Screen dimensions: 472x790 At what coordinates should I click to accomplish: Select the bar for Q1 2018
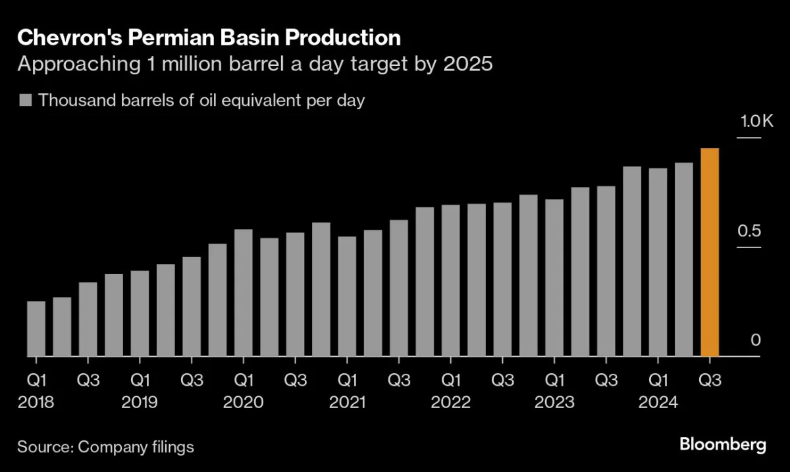point(36,328)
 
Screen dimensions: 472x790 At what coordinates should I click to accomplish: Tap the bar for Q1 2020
point(244,293)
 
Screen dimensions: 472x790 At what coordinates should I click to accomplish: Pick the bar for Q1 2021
point(347,296)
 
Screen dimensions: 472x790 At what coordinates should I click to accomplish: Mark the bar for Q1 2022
point(450,280)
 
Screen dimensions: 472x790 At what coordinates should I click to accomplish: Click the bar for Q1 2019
point(140,313)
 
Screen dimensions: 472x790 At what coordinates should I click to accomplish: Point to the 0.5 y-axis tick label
point(749,231)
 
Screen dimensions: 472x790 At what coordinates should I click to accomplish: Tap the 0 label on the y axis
point(756,340)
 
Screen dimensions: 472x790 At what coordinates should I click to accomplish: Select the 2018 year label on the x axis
point(36,402)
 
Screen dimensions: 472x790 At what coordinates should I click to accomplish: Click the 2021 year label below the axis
point(347,402)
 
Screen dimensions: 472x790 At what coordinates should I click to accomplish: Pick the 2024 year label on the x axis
point(658,402)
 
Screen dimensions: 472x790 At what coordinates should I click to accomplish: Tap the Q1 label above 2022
point(451,380)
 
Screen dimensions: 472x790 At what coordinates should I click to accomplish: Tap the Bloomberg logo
point(723,445)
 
